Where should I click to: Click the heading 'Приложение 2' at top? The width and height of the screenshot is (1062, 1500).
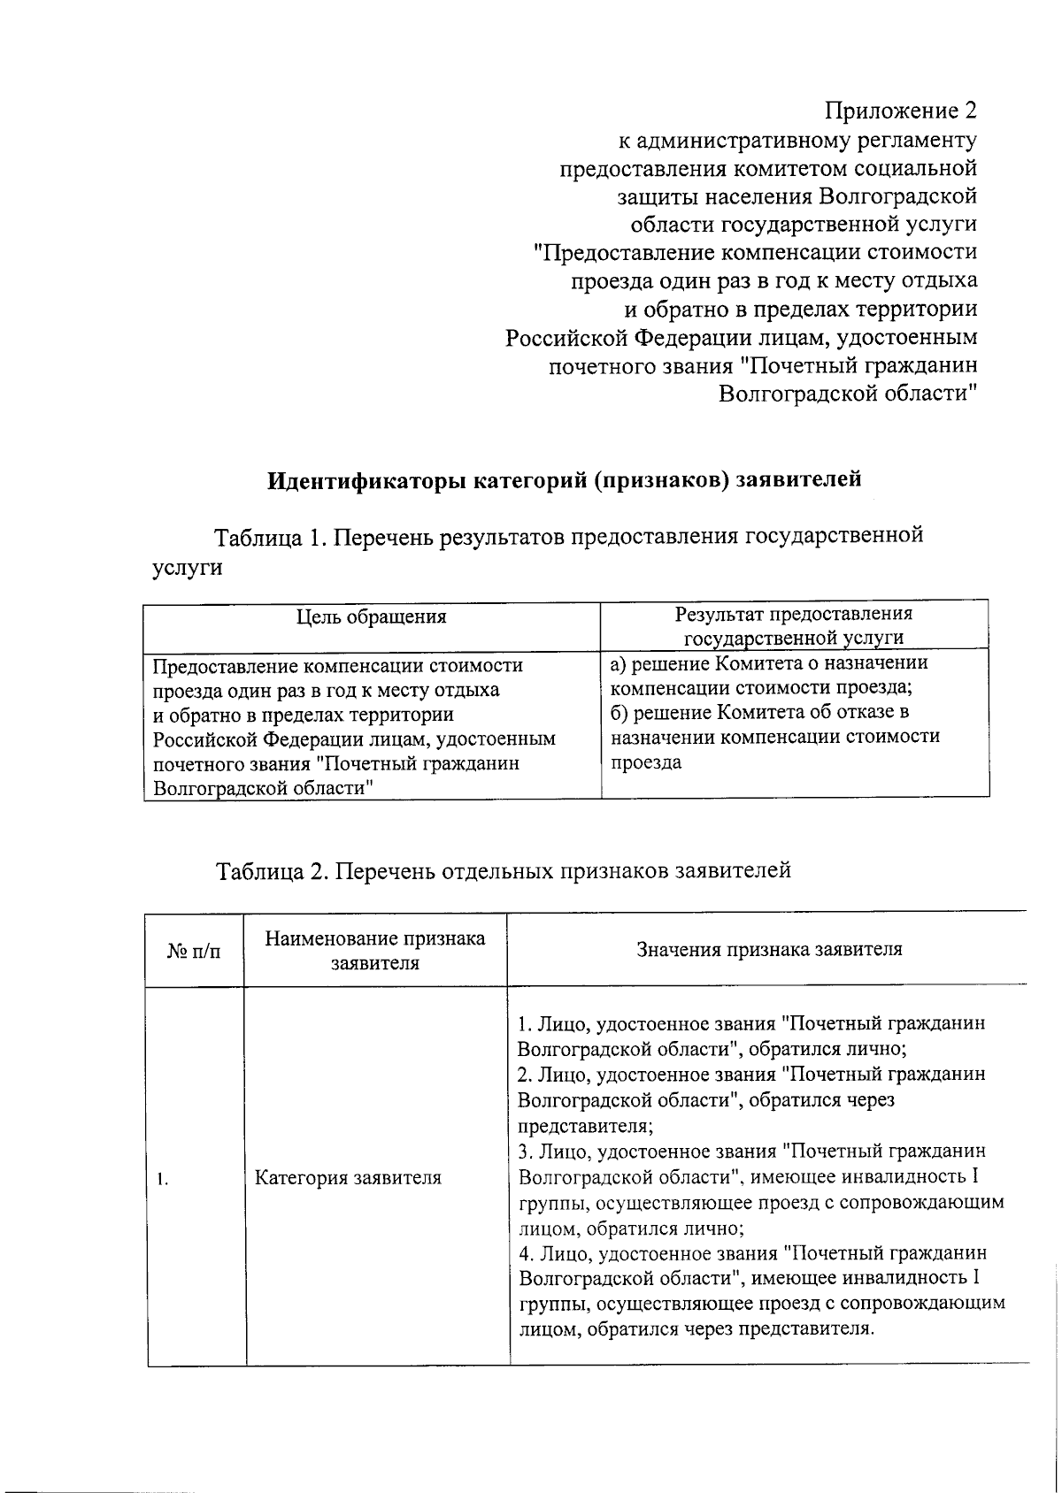901,111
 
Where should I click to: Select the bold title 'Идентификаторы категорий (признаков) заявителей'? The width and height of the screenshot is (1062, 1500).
565,479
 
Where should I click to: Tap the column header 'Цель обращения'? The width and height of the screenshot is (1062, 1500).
371,616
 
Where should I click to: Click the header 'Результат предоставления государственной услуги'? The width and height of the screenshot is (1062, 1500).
794,625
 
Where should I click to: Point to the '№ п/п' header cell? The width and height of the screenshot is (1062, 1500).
194,951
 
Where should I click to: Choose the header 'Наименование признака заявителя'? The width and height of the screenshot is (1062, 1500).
375,951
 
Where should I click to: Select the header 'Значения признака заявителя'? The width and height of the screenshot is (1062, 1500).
769,949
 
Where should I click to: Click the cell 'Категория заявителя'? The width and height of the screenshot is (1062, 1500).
348,1178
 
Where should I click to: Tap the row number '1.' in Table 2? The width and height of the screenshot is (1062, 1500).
163,1179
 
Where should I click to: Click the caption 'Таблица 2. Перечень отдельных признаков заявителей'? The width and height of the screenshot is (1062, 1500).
504,870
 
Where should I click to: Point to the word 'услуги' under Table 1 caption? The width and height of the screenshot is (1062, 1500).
187,568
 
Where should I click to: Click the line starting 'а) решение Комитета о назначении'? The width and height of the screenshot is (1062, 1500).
769,663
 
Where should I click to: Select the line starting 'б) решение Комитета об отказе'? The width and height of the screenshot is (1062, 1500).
759,712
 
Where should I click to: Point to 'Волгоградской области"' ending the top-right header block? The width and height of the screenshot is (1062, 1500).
847,394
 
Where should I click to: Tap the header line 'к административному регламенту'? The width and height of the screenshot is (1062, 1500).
796,140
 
